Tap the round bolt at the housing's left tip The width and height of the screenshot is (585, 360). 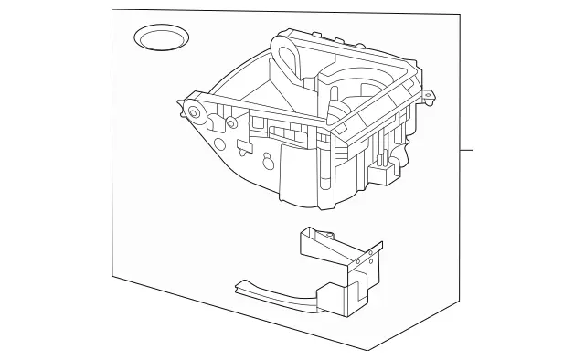coord(197,114)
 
